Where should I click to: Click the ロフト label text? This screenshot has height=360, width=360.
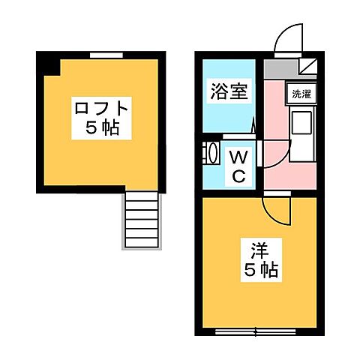click(100, 108)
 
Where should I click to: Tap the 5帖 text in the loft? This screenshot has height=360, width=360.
click(100, 127)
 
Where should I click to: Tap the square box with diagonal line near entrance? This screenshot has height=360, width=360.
click(309, 66)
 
